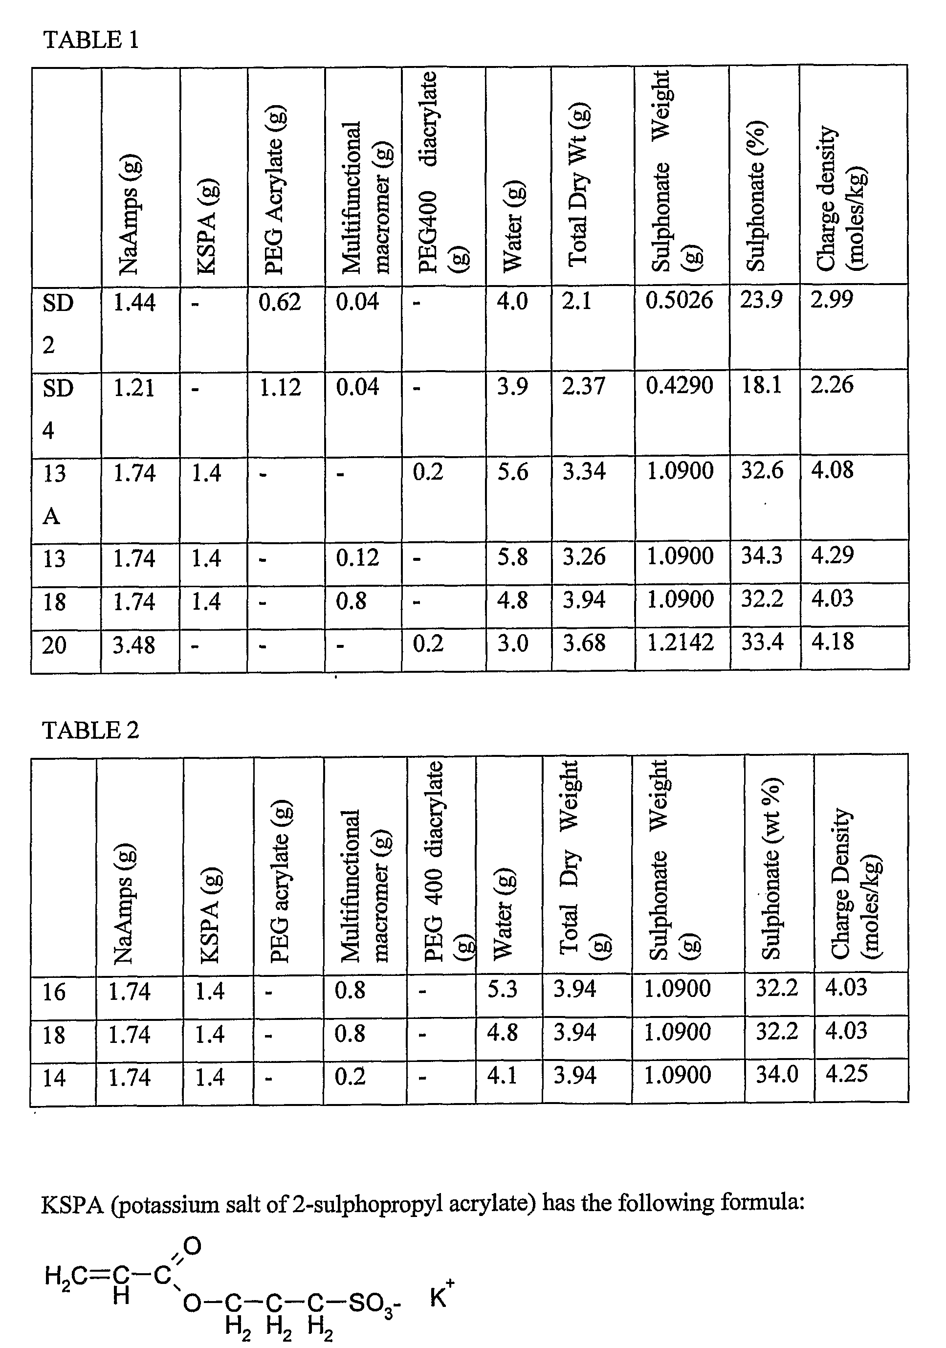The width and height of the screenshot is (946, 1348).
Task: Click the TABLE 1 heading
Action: coord(91,40)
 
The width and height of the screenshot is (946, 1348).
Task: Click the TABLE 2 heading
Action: coord(91,730)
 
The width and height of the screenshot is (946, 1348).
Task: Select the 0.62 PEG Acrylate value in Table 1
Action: coord(280,302)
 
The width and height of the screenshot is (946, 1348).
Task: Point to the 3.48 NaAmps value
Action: coord(134,644)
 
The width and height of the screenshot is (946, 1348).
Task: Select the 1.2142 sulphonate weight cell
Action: coord(680,642)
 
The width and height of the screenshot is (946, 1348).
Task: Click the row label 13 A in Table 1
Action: coord(54,494)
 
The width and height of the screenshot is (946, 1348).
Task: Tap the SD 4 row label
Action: coord(58,409)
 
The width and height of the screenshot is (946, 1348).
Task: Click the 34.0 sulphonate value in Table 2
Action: coord(776,1074)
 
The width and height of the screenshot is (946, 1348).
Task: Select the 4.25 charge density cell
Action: coord(846,1074)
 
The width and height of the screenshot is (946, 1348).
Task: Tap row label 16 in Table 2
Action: coord(54,992)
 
